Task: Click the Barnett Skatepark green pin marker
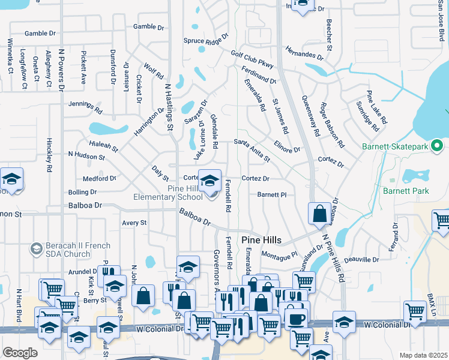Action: click(437, 146)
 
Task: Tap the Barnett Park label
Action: click(400, 191)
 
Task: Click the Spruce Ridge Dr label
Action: click(206, 40)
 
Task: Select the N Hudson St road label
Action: click(87, 155)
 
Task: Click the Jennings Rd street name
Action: click(83, 104)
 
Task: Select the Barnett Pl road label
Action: click(272, 194)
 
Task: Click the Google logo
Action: click(20, 353)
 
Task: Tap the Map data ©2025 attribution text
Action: click(423, 355)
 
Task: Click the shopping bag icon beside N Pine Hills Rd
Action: click(319, 213)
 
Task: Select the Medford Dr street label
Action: click(99, 178)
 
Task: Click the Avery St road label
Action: click(134, 223)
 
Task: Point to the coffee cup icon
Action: click(295, 318)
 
